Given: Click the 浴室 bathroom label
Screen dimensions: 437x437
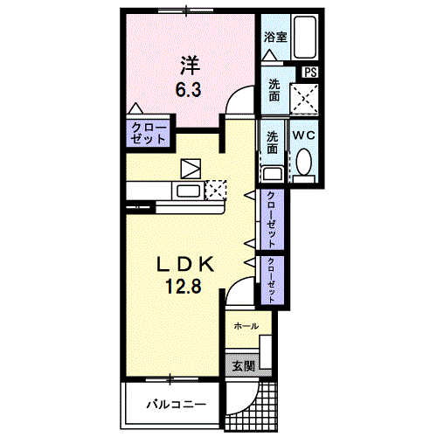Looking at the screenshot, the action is tap(275, 38).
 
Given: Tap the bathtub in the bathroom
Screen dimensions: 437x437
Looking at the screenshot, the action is tap(304, 38).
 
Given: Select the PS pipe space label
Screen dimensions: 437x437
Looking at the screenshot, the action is tap(310, 73).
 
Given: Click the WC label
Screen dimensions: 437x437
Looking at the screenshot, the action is tap(304, 135).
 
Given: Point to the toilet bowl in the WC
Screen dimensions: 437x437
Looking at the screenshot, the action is tap(304, 162).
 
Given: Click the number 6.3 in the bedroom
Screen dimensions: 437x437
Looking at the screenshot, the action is tap(188, 89).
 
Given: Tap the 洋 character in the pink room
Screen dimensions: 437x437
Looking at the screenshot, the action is tap(190, 66).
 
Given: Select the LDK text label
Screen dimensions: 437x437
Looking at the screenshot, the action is tap(185, 264).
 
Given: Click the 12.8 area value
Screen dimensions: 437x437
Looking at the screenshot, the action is tap(184, 286).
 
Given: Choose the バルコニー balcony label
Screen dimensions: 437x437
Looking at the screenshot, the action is tap(177, 404).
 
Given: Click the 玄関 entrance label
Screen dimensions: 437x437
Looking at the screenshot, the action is tap(244, 366).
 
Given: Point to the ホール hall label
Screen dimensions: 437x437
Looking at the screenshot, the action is tap(246, 326).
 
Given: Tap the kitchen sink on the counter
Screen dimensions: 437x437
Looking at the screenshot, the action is tap(188, 191).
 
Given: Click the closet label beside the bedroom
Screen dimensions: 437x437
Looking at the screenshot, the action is tap(149, 133).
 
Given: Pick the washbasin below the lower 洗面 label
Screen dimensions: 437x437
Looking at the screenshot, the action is tap(273, 173).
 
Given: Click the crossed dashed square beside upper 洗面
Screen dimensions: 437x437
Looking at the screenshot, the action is tap(304, 99).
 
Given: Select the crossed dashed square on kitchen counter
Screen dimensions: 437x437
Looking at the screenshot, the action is tap(216, 190).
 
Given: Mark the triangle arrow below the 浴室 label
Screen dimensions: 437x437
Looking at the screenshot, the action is tap(269, 55).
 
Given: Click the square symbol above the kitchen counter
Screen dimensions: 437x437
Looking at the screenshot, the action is tap(191, 169).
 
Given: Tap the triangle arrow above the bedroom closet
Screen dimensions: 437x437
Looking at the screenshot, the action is tap(135, 108).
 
